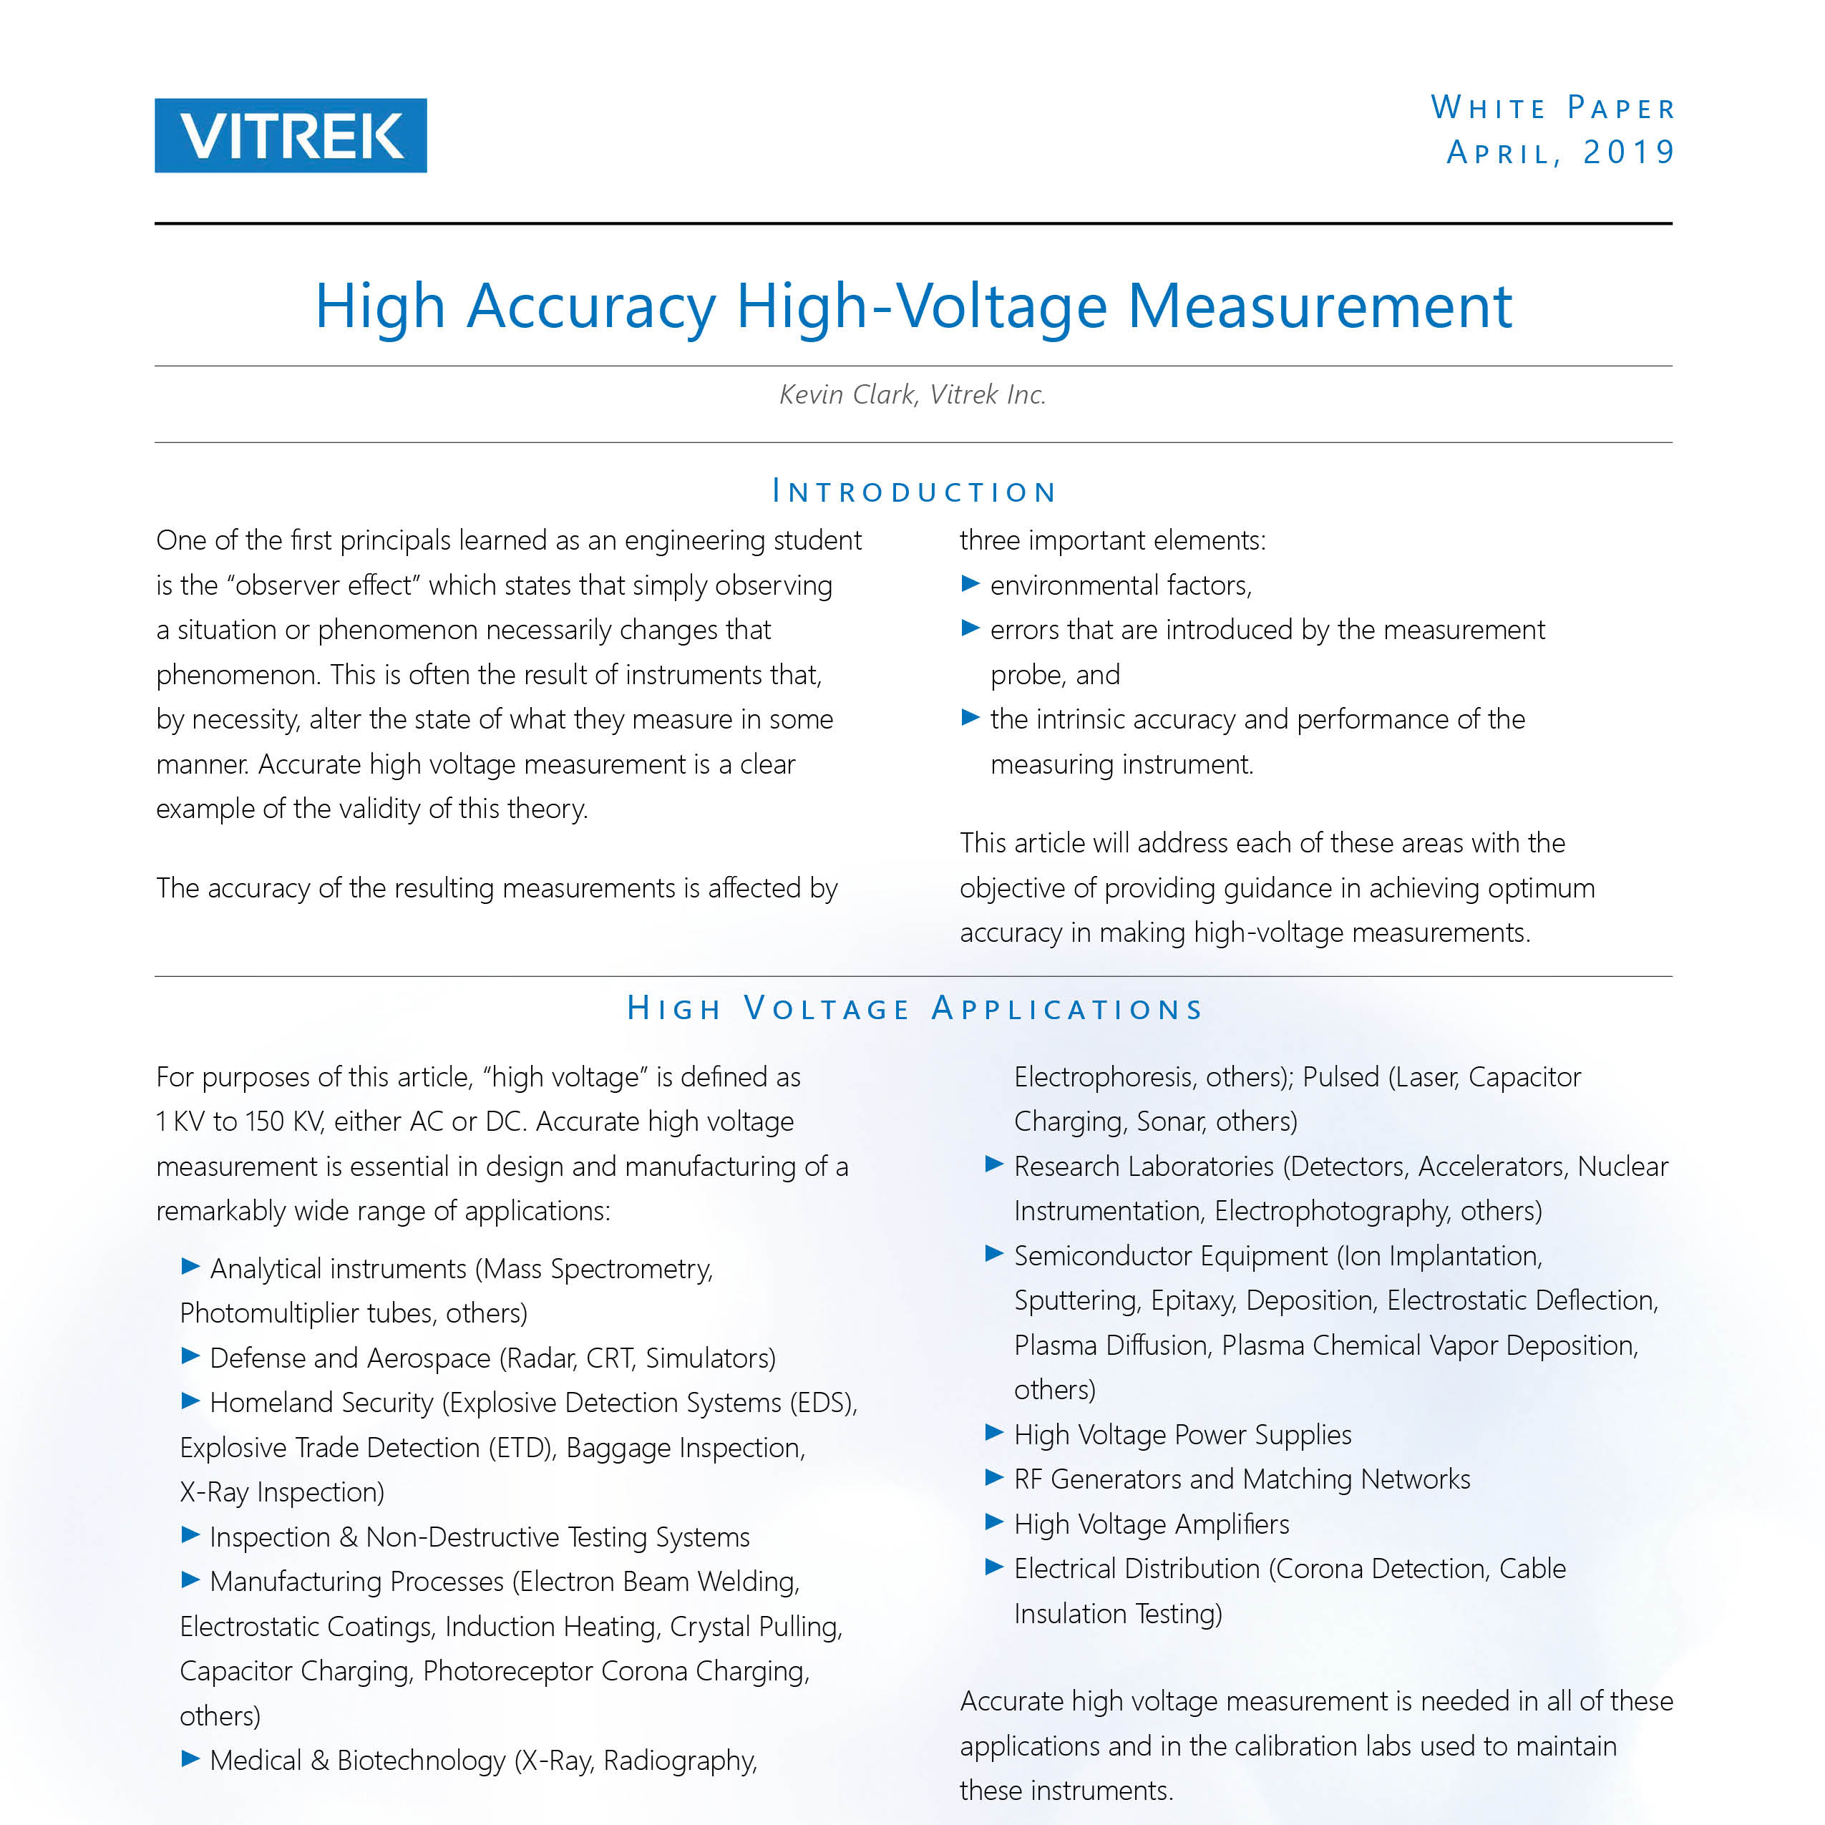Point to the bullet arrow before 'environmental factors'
970,584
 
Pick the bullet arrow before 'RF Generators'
994,1477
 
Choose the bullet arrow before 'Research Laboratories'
994,1164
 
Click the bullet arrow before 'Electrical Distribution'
994,1567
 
